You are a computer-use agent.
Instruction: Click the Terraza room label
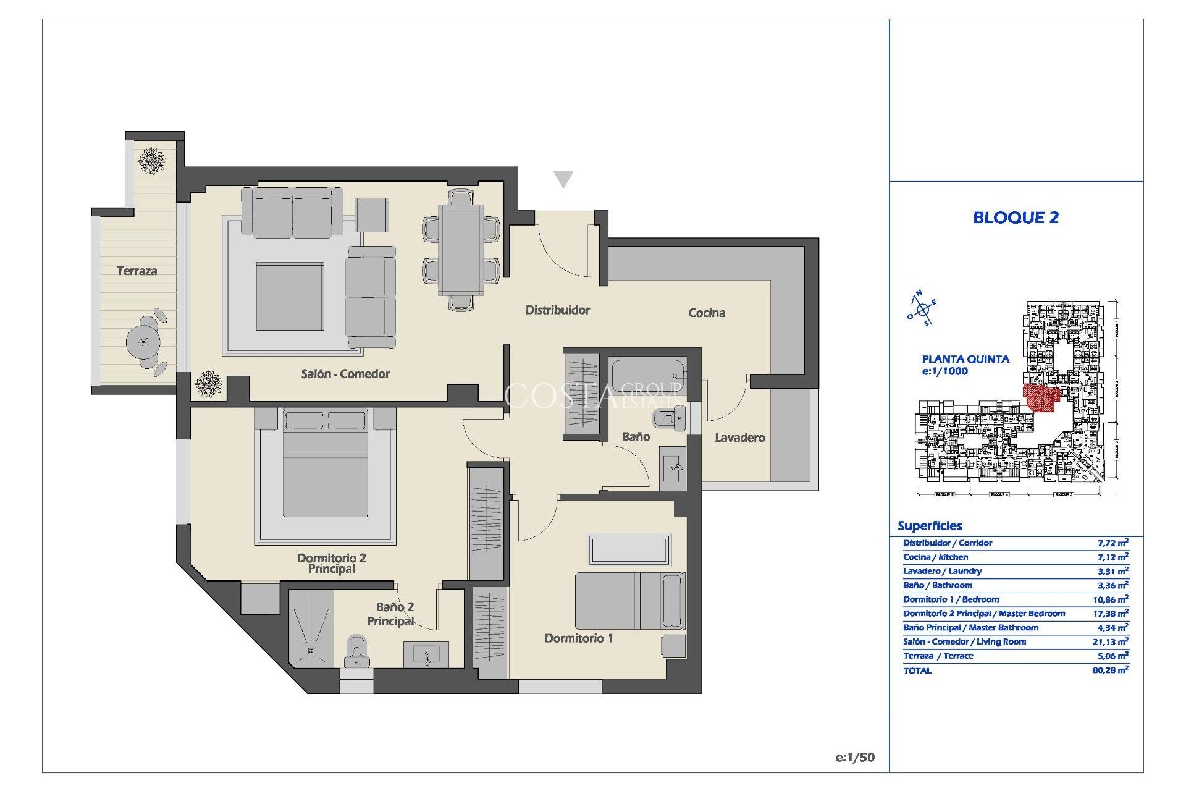click(137, 271)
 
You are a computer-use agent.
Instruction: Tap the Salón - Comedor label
click(345, 374)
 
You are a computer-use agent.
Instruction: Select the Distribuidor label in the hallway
click(557, 310)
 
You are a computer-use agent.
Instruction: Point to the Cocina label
click(707, 313)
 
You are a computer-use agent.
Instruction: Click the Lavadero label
click(739, 438)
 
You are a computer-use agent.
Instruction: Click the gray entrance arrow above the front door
click(563, 179)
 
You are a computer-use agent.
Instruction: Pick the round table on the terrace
click(143, 341)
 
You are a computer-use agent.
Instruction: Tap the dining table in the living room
click(461, 250)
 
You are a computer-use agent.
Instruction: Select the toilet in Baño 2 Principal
click(356, 652)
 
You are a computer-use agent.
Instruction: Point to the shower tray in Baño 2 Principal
click(311, 628)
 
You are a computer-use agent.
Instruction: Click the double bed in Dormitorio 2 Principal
click(325, 470)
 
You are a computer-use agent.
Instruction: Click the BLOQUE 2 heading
click(1016, 218)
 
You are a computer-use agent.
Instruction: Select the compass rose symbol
click(922, 308)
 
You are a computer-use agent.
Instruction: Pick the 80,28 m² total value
click(1110, 670)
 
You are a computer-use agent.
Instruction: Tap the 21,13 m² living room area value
click(1110, 642)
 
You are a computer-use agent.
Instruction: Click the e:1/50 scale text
click(855, 758)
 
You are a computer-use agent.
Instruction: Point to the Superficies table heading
click(930, 526)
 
